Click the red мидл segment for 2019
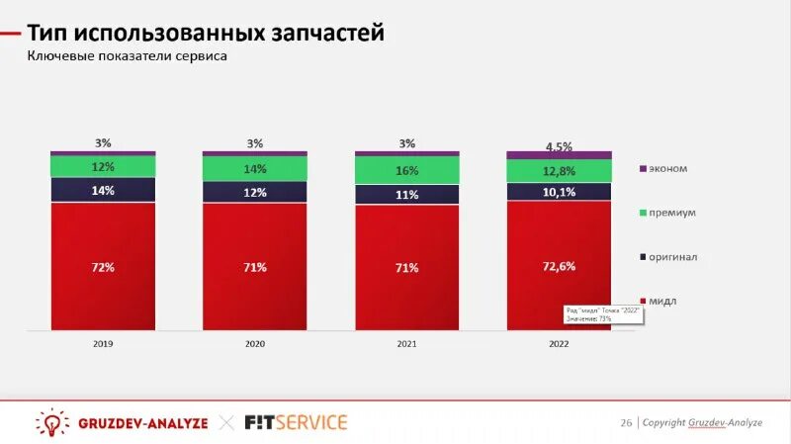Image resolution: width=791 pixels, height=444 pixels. [103, 297]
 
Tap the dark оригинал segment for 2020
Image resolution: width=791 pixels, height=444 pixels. [255, 192]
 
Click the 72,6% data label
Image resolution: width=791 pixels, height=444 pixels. [560, 266]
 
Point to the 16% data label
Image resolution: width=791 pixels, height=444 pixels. [407, 170]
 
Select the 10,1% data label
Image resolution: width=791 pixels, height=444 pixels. [560, 192]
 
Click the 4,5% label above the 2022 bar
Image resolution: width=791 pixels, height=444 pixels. [559, 146]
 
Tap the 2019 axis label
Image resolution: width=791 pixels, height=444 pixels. [103, 344]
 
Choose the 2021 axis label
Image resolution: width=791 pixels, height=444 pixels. [407, 344]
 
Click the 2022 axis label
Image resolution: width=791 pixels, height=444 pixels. [559, 344]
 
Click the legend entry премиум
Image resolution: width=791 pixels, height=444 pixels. [672, 213]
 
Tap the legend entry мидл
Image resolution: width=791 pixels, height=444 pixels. [664, 301]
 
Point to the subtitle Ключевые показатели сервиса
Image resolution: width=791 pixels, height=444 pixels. [127, 56]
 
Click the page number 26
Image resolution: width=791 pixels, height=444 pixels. [626, 422]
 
